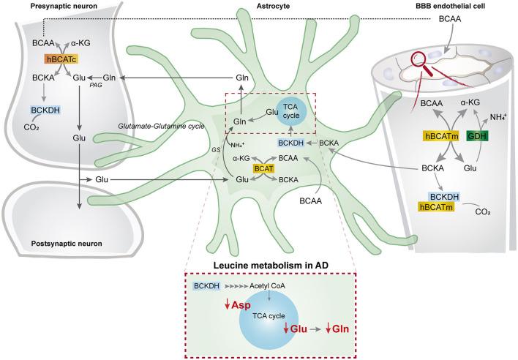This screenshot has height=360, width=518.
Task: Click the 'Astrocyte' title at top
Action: pos(260,6)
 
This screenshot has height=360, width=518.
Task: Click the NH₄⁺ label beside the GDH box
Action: pos(498,117)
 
